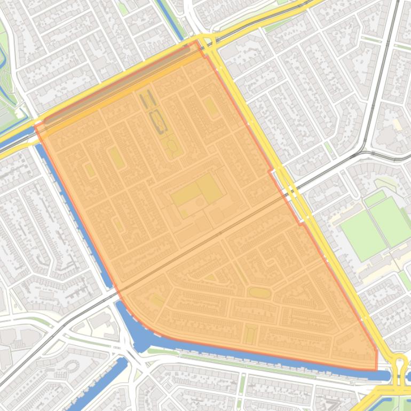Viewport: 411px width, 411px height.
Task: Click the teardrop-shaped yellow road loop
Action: [399, 368]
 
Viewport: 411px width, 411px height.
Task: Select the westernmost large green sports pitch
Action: [363, 235]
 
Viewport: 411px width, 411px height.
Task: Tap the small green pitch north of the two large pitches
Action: [375, 199]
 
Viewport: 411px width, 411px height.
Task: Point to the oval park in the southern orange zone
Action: [259, 293]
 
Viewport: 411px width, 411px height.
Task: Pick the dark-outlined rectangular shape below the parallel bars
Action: [158, 121]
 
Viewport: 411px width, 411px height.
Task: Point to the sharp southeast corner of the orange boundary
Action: [376, 369]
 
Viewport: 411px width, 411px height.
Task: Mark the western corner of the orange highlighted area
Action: [35, 126]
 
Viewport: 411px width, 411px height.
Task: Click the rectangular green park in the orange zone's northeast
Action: [211, 107]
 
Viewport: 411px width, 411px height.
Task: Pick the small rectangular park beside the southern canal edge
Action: [249, 335]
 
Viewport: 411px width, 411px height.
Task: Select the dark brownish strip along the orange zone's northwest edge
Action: [117, 85]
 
